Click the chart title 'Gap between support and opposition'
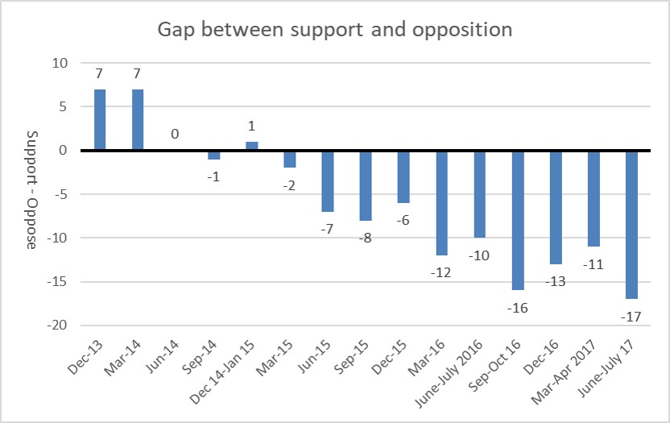[x=335, y=30]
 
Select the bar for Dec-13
[x=99, y=119]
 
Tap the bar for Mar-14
[x=138, y=119]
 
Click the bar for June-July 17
[x=631, y=224]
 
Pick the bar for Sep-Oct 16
[x=518, y=220]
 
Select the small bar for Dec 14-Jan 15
[x=251, y=146]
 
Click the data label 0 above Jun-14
[x=176, y=134]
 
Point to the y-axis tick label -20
[x=58, y=326]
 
